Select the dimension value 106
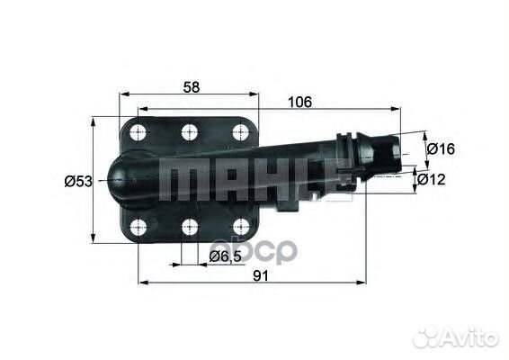(300, 102)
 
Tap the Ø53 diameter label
(77, 181)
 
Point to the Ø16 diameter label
(441, 148)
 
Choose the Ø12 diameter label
(441, 180)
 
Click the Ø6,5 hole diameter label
(224, 257)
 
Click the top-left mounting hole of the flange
(138, 132)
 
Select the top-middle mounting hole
(189, 132)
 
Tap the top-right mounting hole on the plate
(240, 132)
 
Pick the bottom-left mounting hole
(138, 227)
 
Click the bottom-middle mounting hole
(189, 227)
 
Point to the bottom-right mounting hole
(240, 227)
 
